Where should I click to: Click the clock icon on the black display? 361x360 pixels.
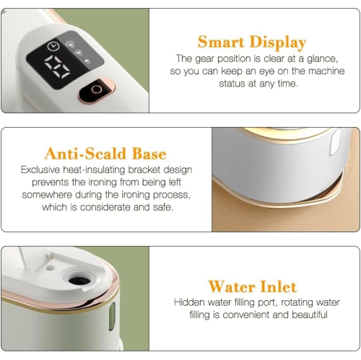[x=53, y=46]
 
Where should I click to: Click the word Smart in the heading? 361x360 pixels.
[x=221, y=42]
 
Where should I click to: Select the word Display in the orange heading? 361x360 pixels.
[x=278, y=43]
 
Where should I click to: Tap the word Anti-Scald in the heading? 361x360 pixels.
[x=85, y=154]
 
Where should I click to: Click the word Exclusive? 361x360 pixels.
[x=40, y=170]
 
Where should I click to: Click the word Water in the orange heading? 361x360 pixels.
[x=231, y=286]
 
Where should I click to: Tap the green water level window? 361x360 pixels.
[x=112, y=316]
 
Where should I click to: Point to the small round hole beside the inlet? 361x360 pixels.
[x=50, y=267]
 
